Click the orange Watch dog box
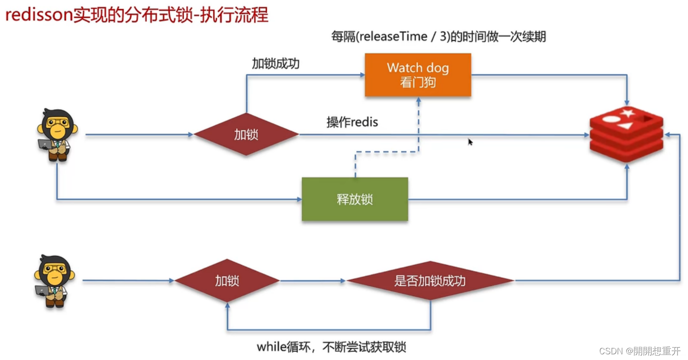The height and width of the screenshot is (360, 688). click(418, 75)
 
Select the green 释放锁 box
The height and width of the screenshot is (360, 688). click(355, 199)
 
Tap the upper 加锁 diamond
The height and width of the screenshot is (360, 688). click(246, 134)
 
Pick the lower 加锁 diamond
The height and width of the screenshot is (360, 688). click(227, 281)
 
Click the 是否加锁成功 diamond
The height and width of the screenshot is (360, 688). click(430, 281)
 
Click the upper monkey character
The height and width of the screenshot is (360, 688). click(57, 135)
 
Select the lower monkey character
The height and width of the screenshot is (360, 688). click(54, 281)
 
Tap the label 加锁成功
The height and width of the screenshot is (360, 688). click(276, 64)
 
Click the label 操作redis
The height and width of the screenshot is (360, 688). click(352, 122)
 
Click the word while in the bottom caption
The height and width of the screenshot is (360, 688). click(271, 347)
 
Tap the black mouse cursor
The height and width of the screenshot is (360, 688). click(470, 142)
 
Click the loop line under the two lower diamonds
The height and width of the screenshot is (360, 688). click(328, 330)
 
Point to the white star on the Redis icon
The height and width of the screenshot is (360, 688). click(627, 113)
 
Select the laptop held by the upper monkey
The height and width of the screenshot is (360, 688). click(46, 144)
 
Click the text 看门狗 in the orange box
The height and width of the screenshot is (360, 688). click(418, 82)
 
